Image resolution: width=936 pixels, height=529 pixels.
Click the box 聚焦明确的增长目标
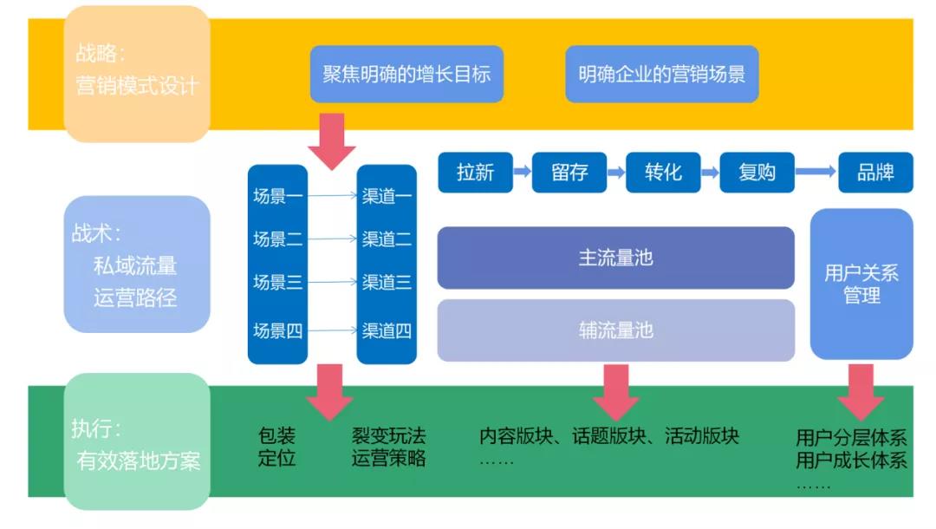pyautogui.click(x=406, y=74)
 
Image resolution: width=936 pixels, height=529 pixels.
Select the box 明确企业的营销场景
pyautogui.click(x=661, y=74)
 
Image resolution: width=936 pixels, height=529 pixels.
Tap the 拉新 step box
pyautogui.click(x=475, y=173)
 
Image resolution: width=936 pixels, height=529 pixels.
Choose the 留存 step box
pyautogui.click(x=569, y=173)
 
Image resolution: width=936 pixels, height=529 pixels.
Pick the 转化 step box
pyautogui.click(x=663, y=173)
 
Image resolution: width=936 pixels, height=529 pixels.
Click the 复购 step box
pyautogui.click(x=757, y=173)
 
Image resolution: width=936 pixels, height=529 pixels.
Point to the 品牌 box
pyautogui.click(x=875, y=173)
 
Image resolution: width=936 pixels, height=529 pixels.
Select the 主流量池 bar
pyautogui.click(x=615, y=258)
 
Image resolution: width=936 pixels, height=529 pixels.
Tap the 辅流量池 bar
pyautogui.click(x=615, y=330)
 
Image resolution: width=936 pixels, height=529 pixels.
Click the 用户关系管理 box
pyautogui.click(x=861, y=284)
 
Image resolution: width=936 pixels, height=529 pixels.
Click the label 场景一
pyautogui.click(x=277, y=196)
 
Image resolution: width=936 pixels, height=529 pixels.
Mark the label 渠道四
pyautogui.click(x=387, y=330)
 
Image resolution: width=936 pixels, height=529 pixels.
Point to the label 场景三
pyautogui.click(x=277, y=282)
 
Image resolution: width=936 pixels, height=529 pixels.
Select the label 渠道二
pyautogui.click(x=387, y=238)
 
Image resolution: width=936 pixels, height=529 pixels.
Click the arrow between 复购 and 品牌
pyautogui.click(x=815, y=173)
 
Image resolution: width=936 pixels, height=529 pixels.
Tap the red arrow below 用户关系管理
pyautogui.click(x=861, y=391)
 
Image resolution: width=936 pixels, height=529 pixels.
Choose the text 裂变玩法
pyautogui.click(x=388, y=435)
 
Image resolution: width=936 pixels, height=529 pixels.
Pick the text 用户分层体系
pyautogui.click(x=851, y=437)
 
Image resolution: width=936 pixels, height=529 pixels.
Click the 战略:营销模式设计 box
pyautogui.click(x=137, y=74)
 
